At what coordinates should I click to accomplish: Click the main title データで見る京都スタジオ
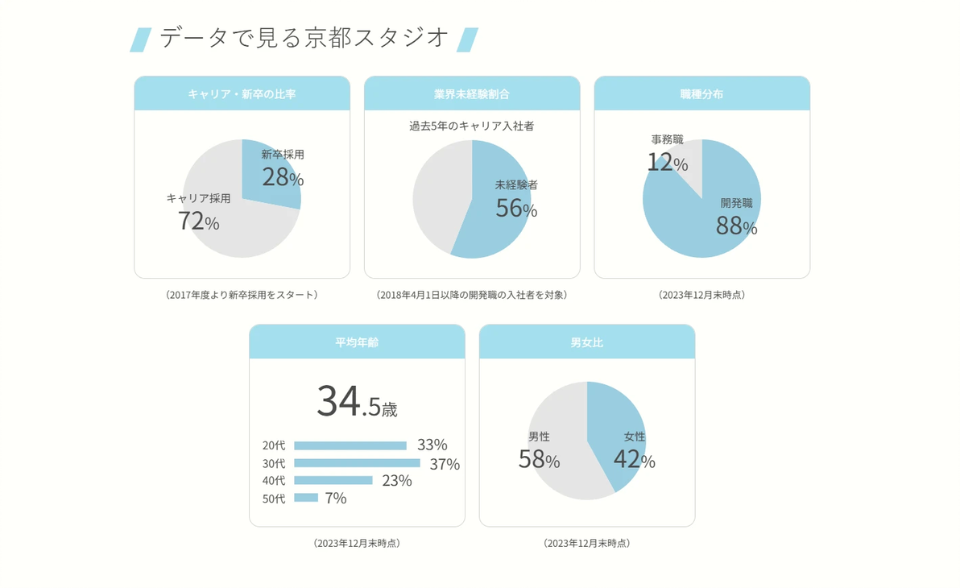click(304, 38)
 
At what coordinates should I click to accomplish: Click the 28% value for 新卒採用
click(283, 177)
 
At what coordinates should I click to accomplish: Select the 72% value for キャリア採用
click(198, 221)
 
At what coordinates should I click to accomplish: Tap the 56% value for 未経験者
click(516, 209)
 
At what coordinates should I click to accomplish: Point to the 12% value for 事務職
click(668, 163)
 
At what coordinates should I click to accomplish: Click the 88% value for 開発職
click(737, 226)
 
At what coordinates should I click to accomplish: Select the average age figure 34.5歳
click(357, 401)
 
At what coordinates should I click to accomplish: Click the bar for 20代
click(350, 446)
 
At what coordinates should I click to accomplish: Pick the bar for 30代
click(357, 463)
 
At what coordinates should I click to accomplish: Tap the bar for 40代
click(333, 480)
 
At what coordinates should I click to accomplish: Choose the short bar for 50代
click(306, 497)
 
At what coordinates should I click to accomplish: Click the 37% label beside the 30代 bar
click(445, 464)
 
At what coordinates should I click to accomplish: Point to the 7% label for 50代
click(336, 498)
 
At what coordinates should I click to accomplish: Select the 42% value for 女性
click(635, 459)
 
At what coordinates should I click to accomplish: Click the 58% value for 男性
click(539, 459)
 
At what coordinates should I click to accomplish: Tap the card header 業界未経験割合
click(472, 93)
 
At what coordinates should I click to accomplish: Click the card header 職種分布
click(701, 93)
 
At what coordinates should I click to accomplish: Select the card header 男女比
click(586, 342)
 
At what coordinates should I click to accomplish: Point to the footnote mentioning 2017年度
click(242, 295)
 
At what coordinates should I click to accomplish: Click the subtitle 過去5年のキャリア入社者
click(471, 126)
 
